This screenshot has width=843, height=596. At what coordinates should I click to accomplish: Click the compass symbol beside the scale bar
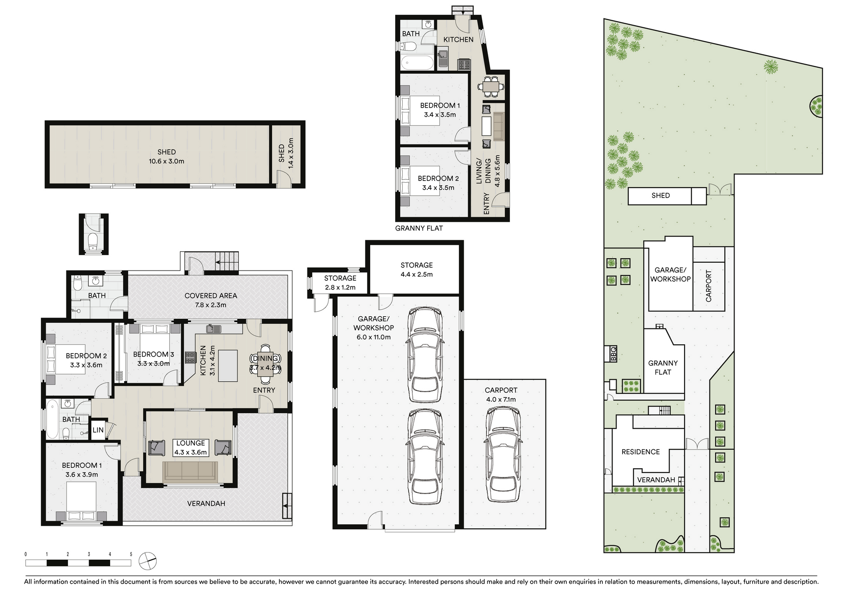tap(148, 561)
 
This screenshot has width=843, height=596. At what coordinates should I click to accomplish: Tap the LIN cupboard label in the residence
tap(98, 430)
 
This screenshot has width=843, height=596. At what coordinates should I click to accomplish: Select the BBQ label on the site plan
tap(613, 354)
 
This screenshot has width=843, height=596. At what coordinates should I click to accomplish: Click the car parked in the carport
tap(503, 454)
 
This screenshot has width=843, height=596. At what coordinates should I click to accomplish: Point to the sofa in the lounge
tap(190, 472)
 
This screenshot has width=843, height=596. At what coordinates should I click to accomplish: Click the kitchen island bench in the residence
tap(227, 366)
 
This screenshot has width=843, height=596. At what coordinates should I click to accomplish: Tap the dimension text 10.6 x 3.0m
tap(166, 161)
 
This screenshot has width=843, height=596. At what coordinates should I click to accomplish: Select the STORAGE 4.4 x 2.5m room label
tap(417, 270)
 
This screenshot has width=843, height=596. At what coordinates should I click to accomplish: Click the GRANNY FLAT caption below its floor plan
tap(419, 228)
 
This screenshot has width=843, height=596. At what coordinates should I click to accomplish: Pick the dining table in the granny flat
tap(491, 87)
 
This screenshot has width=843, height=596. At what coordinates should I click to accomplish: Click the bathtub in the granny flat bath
tap(418, 63)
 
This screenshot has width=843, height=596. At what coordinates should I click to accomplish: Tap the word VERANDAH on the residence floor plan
tap(206, 503)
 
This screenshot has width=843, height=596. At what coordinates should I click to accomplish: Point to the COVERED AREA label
tap(211, 296)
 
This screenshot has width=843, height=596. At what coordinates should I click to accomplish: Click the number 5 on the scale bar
tap(131, 554)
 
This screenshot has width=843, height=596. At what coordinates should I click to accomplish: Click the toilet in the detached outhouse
tap(93, 241)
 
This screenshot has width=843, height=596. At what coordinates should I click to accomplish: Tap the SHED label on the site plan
tap(660, 195)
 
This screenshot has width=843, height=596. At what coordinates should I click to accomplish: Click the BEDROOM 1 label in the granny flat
tap(440, 105)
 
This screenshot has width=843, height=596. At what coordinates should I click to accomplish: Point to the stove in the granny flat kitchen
tap(464, 65)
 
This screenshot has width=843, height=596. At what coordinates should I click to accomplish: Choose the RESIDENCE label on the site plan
tap(641, 452)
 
